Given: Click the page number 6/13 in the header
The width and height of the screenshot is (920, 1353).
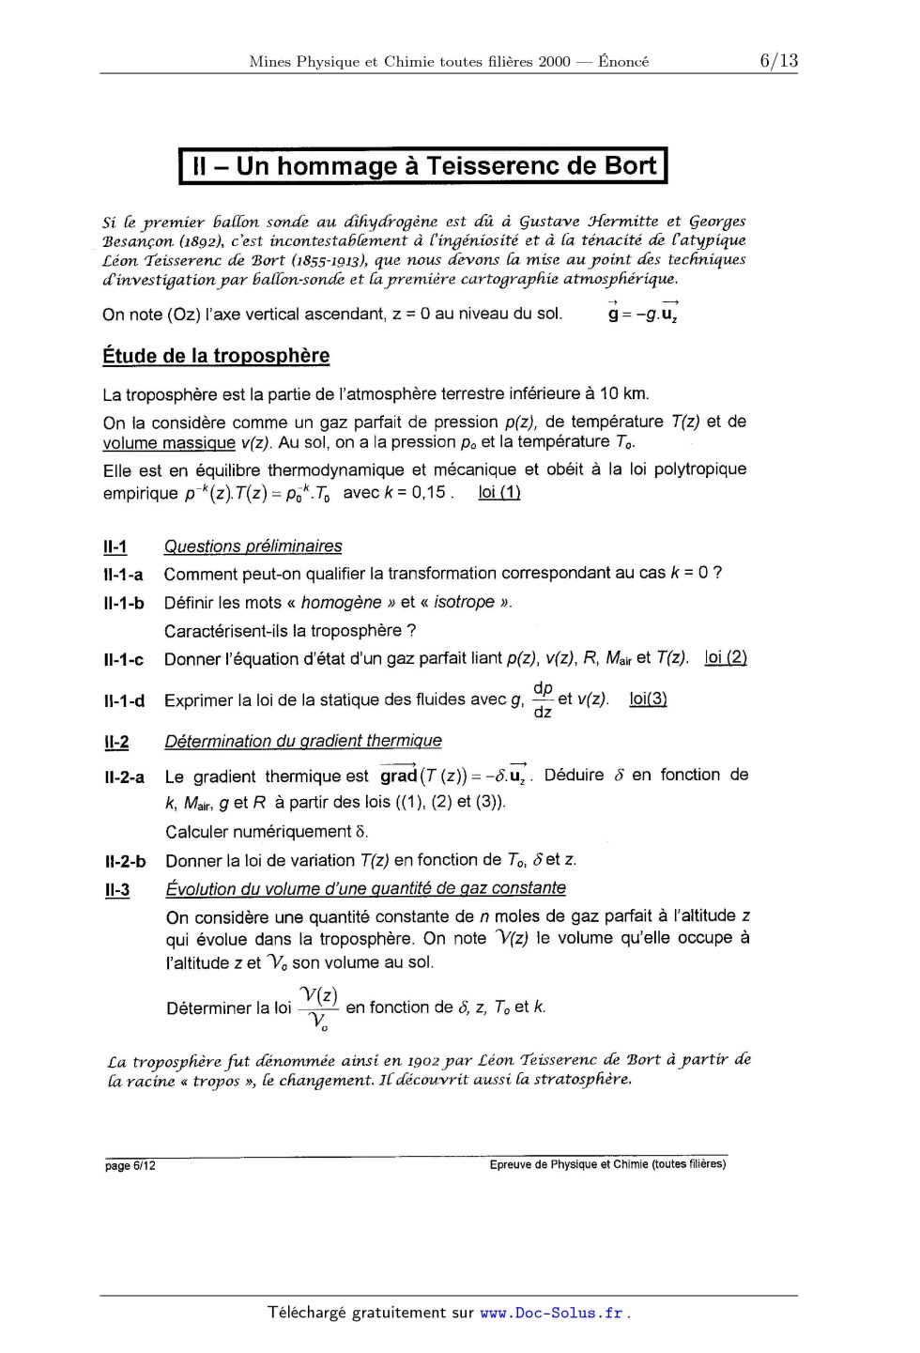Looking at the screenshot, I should point(778,61).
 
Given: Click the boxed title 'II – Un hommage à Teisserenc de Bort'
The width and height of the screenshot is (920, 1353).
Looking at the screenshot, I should point(422,166).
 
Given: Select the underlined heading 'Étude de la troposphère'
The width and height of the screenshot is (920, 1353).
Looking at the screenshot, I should point(216,356).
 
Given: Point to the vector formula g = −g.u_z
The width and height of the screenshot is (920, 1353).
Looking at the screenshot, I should point(644,314).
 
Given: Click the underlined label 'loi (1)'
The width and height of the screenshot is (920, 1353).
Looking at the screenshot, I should point(499,493).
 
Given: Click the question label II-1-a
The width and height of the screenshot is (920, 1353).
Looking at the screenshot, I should point(123,575).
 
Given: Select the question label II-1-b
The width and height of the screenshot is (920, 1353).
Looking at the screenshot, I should point(123,603).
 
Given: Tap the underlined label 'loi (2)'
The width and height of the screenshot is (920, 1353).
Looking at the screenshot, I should point(726,658).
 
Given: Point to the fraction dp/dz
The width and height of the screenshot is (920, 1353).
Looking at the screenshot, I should point(543,700).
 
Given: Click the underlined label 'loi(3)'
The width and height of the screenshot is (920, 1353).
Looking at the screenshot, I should point(648,699).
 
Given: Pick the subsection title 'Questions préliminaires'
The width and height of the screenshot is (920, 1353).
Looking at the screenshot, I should point(253,546).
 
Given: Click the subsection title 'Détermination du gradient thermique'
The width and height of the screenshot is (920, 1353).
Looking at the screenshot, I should point(302,741).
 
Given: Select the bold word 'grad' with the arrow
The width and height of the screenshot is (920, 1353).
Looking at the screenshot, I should point(398,776).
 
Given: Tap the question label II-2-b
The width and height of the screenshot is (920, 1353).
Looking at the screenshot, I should point(125,861).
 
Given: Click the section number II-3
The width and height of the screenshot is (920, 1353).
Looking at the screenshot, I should point(117,889).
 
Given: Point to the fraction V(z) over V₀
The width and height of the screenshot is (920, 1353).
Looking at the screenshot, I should point(319,1008).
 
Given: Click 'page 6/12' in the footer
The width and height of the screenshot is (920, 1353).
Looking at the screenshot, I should point(130,1166).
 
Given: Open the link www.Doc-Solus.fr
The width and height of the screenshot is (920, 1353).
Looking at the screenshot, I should point(551,1313).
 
